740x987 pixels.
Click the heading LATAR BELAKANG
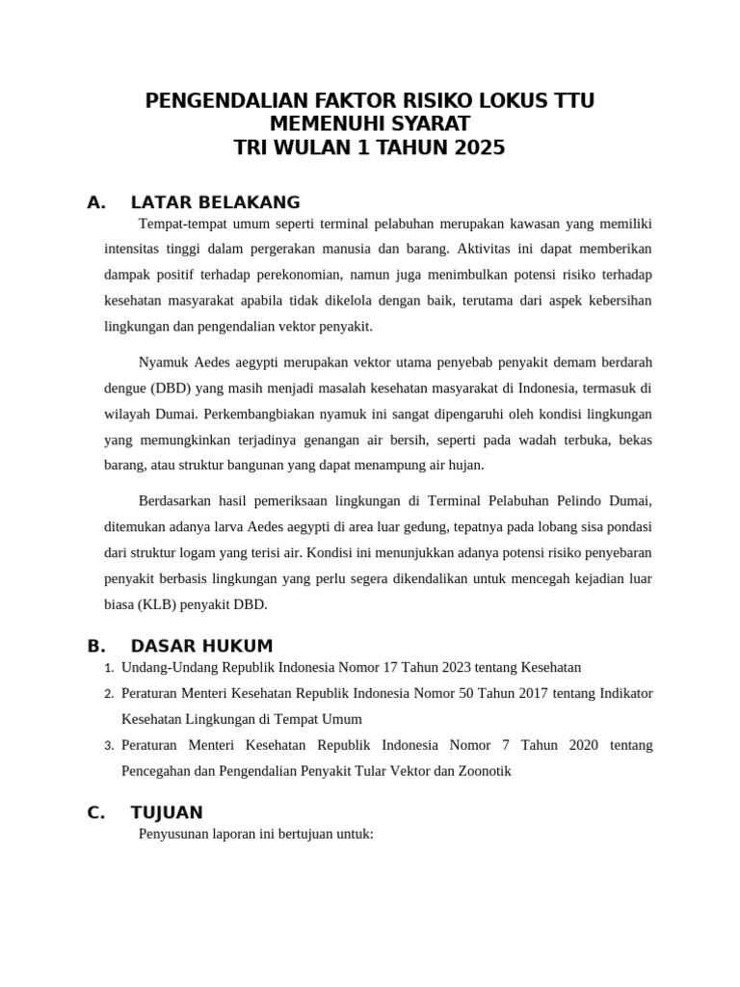tap(215, 202)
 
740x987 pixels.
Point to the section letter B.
tap(94, 646)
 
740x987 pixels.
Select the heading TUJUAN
tap(167, 813)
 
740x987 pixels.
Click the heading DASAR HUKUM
tap(201, 646)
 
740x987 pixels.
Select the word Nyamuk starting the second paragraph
tap(164, 362)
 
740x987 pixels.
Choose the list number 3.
tap(110, 746)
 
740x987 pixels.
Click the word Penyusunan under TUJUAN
tap(176, 835)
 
